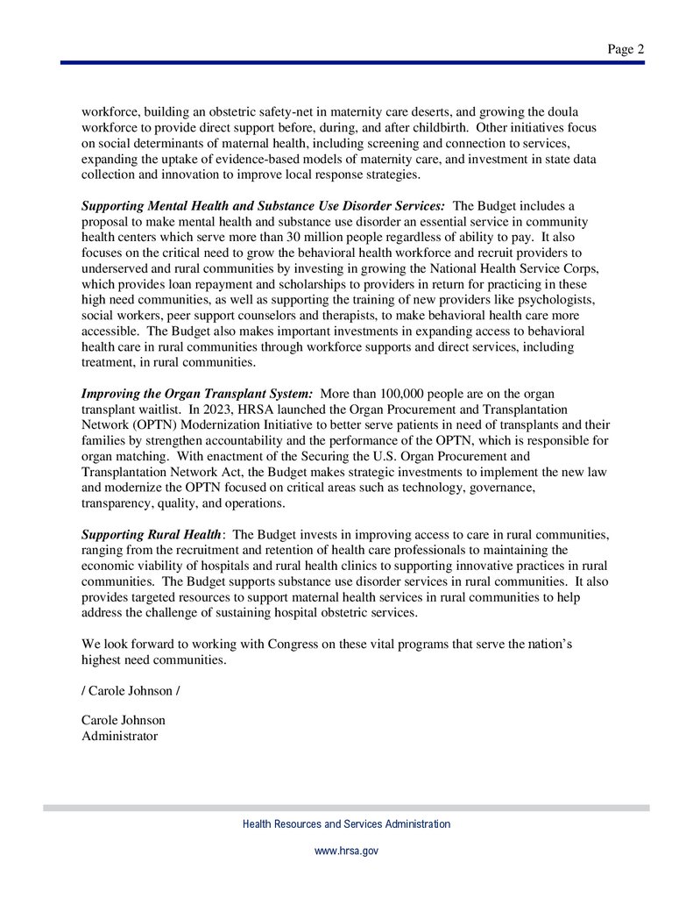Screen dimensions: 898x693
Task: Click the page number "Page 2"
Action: (x=626, y=50)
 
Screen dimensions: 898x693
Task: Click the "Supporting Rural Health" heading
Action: (x=152, y=534)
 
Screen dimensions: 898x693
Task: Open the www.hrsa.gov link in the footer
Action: (x=346, y=851)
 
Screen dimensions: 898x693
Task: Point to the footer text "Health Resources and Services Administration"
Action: (x=346, y=824)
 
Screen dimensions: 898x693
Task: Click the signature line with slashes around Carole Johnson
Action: (x=131, y=690)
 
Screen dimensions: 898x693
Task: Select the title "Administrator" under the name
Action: (x=119, y=736)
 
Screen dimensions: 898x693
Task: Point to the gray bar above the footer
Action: (x=346, y=808)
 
